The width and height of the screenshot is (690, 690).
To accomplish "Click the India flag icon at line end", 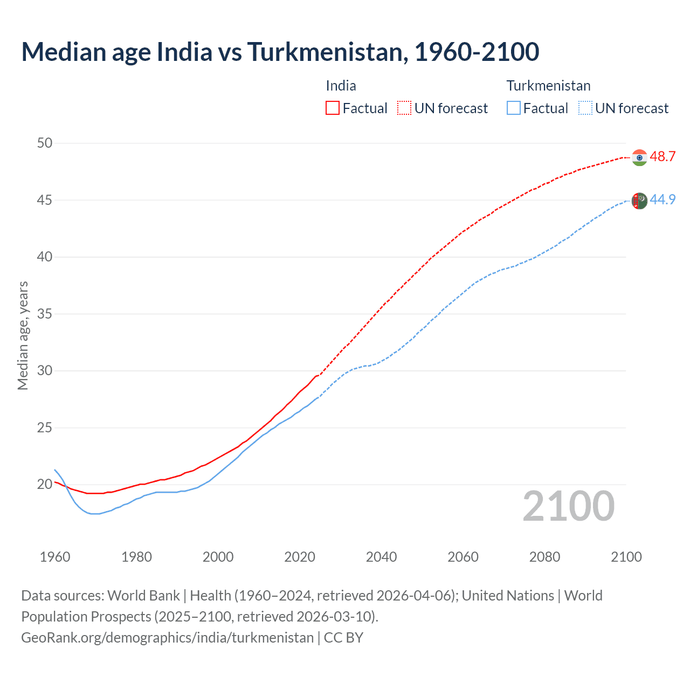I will [x=639, y=157].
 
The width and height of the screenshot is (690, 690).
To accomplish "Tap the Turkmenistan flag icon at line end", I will [x=639, y=201].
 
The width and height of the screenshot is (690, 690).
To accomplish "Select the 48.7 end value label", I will [x=663, y=157].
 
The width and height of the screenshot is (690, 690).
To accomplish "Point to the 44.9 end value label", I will [x=663, y=200].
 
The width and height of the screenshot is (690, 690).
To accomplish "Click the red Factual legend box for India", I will [x=333, y=108].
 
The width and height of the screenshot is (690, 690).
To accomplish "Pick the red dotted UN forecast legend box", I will [x=404, y=108].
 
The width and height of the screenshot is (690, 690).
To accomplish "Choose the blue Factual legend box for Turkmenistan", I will [x=514, y=108].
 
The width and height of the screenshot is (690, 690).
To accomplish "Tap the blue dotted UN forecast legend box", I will [x=585, y=108].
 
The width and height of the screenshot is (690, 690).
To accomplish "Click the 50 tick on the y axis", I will [x=45, y=143].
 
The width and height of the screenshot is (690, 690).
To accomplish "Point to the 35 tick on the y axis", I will [x=45, y=314].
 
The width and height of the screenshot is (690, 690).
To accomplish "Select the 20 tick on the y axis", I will [x=45, y=484].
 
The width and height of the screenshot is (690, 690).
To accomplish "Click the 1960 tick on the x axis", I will [x=55, y=557].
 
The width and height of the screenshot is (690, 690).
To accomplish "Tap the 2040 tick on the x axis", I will [x=381, y=557].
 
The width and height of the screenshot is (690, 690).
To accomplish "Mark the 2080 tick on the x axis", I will [x=544, y=557].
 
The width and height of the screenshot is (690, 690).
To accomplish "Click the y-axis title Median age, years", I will [x=23, y=335].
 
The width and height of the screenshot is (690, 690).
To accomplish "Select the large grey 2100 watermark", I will [x=568, y=506].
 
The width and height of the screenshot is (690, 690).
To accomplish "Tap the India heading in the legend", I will [x=341, y=86].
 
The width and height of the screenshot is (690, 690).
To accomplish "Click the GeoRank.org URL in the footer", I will [x=167, y=638].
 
